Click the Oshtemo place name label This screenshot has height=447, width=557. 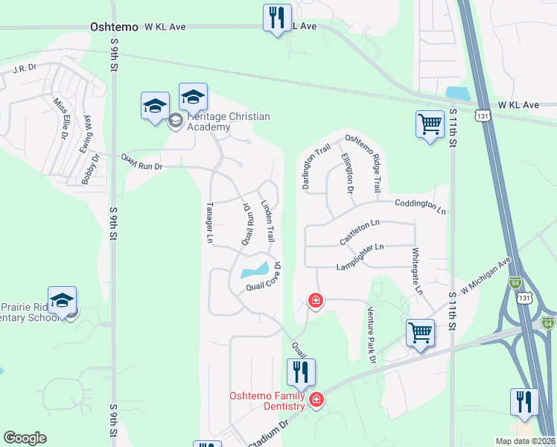pyautogui.click(x=114, y=26)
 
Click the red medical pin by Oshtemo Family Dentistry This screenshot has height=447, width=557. pyautogui.click(x=316, y=400)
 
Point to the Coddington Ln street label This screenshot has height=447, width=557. pyautogui.click(x=420, y=206)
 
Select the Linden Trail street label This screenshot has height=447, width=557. pyautogui.click(x=267, y=221)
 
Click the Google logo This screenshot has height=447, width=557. pyautogui.click(x=25, y=438)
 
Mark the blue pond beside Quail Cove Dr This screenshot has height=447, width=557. pyautogui.click(x=255, y=268)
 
